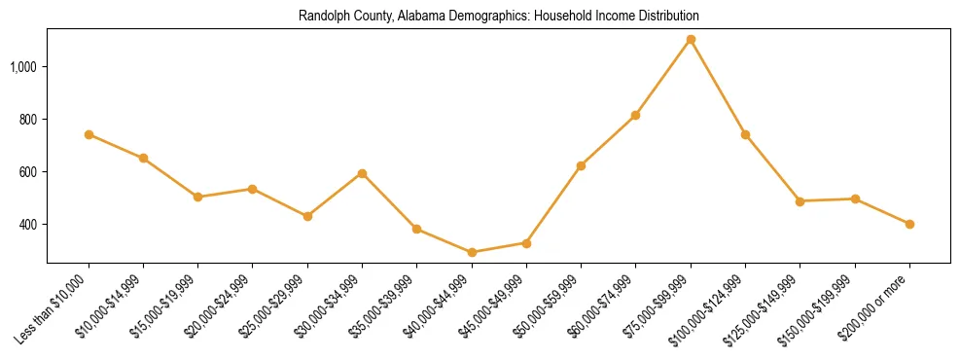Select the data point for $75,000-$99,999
pos(691,40)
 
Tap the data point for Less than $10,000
pos(89,134)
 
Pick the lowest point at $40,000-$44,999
pos(472,252)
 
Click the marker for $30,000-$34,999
pos(362,173)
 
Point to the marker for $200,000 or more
pos(909,224)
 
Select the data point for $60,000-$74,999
pos(635,115)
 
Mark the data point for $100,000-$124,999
pos(745,134)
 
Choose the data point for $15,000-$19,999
pos(198,197)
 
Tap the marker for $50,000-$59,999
pos(581,165)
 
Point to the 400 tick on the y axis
pos(29,224)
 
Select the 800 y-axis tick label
pos(29,119)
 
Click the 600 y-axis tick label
pos(29,171)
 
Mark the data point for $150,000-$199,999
pos(855,198)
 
